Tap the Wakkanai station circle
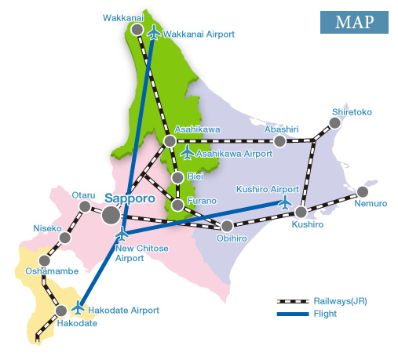click(x=137, y=29)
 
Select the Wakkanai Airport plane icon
click(x=153, y=33)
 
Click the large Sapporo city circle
click(x=111, y=214)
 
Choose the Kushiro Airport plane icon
click(x=284, y=202)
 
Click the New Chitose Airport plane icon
click(x=122, y=235)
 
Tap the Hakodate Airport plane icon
click(x=77, y=307)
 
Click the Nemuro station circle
click(x=362, y=191)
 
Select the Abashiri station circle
click(x=279, y=141)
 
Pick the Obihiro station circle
click(x=227, y=226)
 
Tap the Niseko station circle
click(x=65, y=238)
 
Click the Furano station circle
click(x=178, y=205)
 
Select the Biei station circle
click(x=178, y=176)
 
